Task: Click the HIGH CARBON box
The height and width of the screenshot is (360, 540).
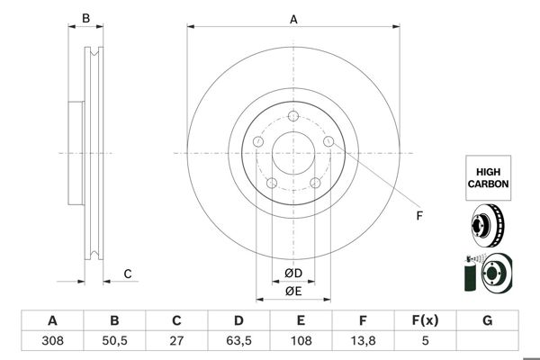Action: (x=488, y=175)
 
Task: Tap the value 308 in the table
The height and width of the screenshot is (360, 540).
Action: (x=52, y=341)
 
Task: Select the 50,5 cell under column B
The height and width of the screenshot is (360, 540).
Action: (x=114, y=341)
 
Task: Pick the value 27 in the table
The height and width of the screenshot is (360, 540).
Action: (x=177, y=341)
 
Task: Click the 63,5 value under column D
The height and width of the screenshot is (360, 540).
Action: (x=239, y=341)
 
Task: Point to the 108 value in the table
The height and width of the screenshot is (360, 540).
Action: (x=301, y=341)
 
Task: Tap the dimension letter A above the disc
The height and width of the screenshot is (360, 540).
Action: (x=293, y=18)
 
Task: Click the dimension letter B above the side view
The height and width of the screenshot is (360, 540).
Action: (x=86, y=18)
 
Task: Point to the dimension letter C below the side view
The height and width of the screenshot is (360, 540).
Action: (x=128, y=274)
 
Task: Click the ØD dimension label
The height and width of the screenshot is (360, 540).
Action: (x=293, y=274)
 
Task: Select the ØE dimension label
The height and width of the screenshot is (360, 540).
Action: (x=293, y=291)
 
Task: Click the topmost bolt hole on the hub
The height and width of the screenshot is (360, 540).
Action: (x=292, y=114)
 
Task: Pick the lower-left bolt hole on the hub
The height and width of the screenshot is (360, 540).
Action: (x=272, y=184)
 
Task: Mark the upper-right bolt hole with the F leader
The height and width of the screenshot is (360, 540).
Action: (x=328, y=141)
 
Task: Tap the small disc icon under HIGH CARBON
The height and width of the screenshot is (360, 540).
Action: (x=488, y=225)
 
